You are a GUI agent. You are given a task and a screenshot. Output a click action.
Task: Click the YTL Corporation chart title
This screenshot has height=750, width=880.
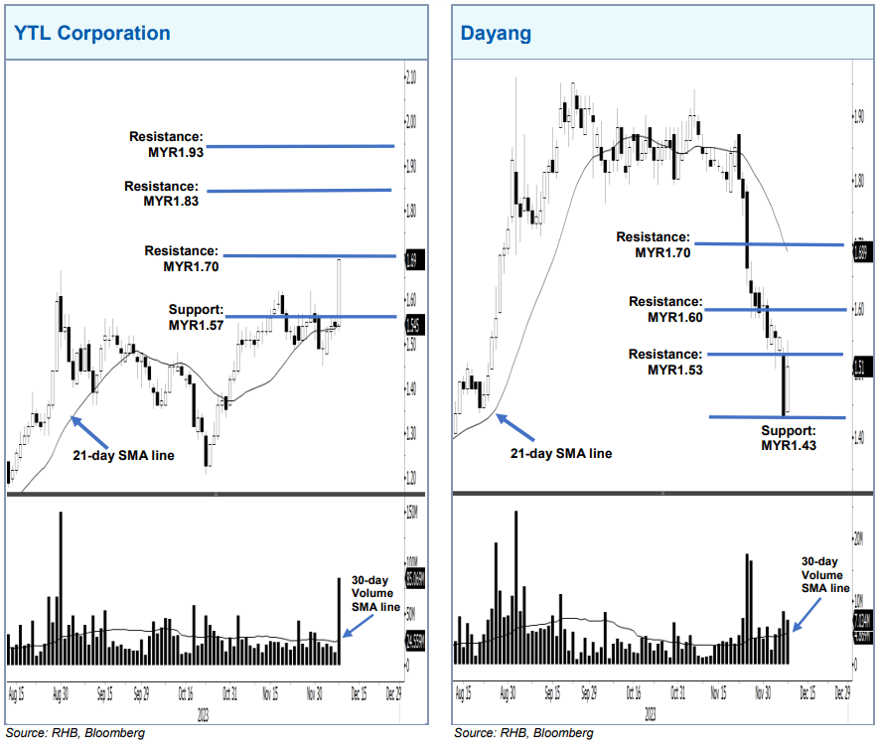[91, 33]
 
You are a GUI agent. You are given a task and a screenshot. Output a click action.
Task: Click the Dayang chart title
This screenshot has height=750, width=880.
[496, 33]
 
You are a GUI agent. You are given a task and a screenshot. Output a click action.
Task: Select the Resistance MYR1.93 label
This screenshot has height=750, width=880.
[166, 145]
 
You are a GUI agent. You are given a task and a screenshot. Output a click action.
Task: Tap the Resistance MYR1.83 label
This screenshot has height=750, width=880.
[161, 194]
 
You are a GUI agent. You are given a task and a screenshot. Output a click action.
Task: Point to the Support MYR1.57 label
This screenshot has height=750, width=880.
[197, 317]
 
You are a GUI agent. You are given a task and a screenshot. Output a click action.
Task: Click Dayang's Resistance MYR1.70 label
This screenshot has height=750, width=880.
[653, 245]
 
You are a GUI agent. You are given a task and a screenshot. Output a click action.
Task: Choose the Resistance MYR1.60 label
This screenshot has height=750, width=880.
[665, 309]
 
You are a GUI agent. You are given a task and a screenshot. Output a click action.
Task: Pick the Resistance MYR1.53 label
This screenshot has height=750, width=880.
[665, 363]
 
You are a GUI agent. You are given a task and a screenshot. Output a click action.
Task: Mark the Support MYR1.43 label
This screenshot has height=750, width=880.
[788, 438]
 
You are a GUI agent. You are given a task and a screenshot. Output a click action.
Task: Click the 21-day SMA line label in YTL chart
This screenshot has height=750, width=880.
[116, 456]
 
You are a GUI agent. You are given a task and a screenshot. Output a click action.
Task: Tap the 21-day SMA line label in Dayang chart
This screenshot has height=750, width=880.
[561, 453]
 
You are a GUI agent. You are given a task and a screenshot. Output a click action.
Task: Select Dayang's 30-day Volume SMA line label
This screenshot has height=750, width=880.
[825, 574]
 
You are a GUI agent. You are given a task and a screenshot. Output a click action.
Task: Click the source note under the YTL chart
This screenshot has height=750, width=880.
[75, 732]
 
